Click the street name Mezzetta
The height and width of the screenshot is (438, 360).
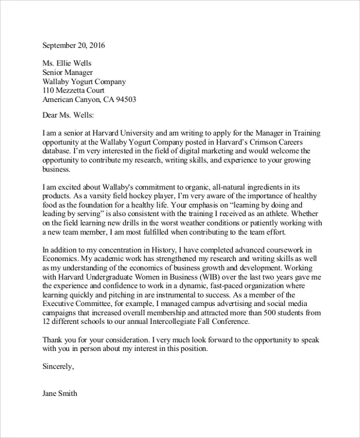click(76, 91)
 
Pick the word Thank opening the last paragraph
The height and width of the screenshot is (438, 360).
click(54, 340)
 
